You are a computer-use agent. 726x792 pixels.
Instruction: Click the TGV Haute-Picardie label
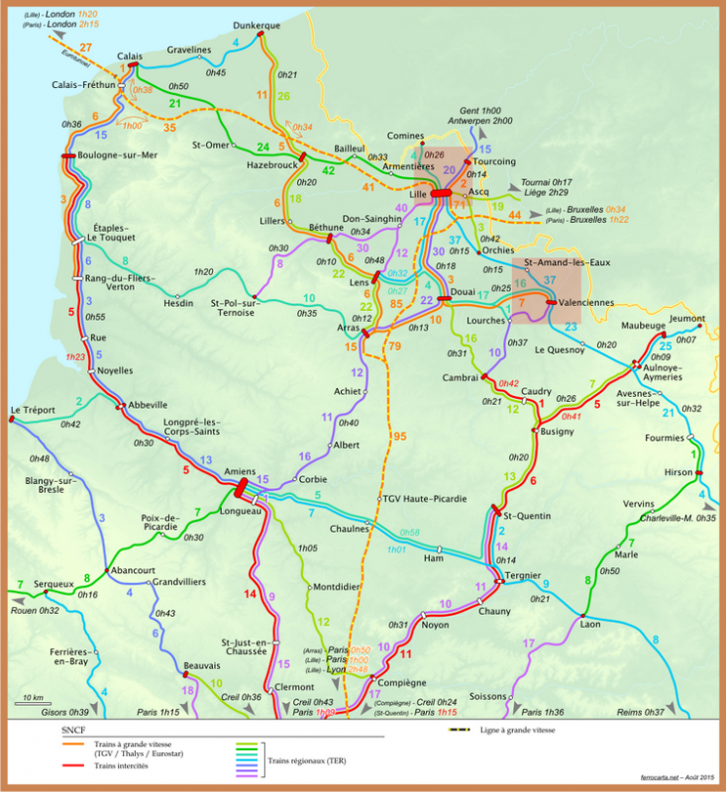[420, 498]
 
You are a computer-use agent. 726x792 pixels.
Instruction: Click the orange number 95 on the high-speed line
[398, 437]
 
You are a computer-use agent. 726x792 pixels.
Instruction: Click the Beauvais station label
[202, 665]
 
